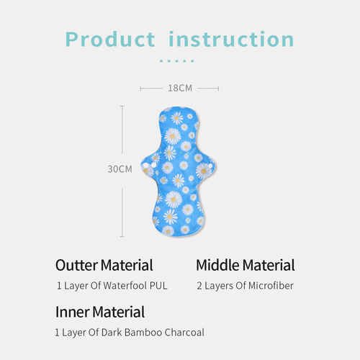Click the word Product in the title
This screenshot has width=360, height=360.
pyautogui.click(x=109, y=39)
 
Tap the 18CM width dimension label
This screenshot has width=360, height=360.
pyautogui.click(x=179, y=88)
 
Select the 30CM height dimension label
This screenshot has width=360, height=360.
pyautogui.click(x=120, y=169)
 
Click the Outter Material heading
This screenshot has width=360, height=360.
pyautogui.click(x=104, y=265)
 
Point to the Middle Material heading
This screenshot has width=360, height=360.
pyautogui.click(x=245, y=265)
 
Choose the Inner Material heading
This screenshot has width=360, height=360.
pyautogui.click(x=99, y=312)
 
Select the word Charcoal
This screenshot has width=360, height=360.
pyautogui.click(x=184, y=333)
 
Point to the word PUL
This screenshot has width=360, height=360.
pyautogui.click(x=158, y=286)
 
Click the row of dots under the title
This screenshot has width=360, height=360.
pyautogui.click(x=177, y=61)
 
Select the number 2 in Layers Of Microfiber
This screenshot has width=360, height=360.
pyautogui.click(x=199, y=286)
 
